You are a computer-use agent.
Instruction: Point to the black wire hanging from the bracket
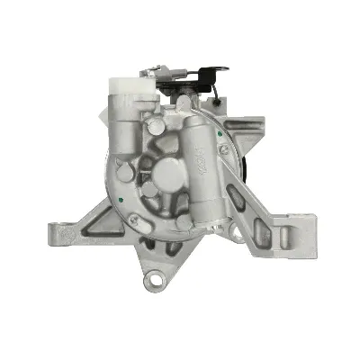pyautogui.click(x=214, y=101)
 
